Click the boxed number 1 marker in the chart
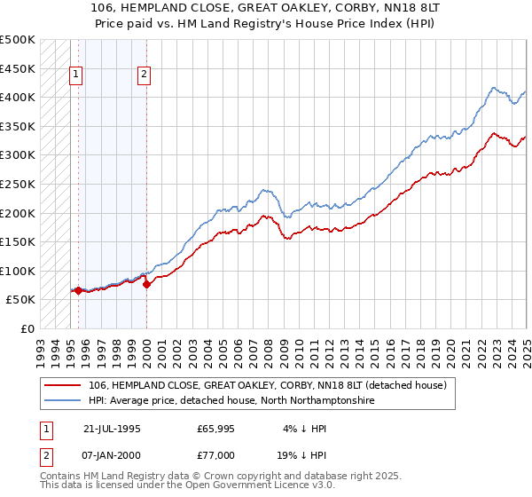pyautogui.click(x=76, y=75)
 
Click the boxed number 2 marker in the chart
pyautogui.click(x=144, y=75)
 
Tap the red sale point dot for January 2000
pyautogui.click(x=146, y=284)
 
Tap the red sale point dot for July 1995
pyautogui.click(x=78, y=290)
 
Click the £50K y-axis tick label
pyautogui.click(x=21, y=299)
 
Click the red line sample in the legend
pyautogui.click(x=62, y=385)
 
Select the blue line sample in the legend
pyautogui.click(x=62, y=401)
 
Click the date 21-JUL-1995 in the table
pyautogui.click(x=112, y=428)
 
